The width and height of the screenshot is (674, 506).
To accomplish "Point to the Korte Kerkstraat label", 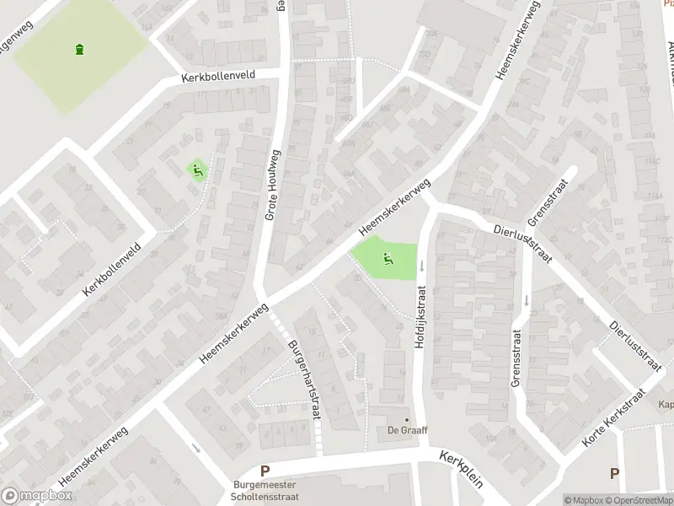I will (613, 419).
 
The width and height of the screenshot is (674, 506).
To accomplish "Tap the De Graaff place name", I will (407, 431).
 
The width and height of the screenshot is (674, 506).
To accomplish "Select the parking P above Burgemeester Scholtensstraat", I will (265, 472).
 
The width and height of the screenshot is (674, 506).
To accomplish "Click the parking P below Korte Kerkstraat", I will (614, 474).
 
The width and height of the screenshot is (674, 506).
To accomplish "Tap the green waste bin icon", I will (80, 49).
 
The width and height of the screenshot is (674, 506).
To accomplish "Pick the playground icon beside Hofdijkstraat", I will (387, 258).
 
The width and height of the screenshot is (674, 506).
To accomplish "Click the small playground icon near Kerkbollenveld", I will (197, 170).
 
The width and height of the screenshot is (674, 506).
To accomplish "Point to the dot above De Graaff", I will (407, 419).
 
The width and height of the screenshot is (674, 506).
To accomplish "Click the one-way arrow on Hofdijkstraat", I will (421, 265).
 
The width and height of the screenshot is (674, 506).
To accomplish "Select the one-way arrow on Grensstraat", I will (526, 299).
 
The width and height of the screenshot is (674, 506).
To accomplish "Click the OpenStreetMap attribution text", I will (639, 500).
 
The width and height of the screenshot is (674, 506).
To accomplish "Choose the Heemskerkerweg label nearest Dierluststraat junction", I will (394, 207).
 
